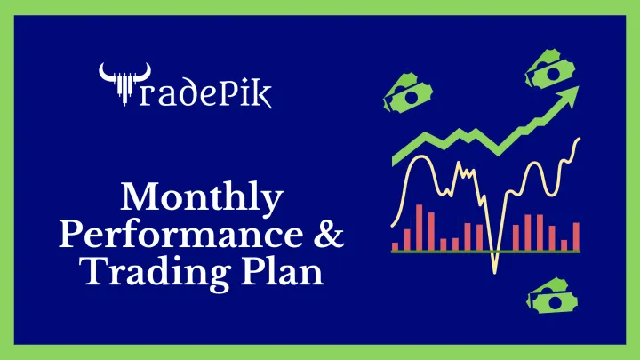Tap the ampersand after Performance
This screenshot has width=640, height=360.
pyautogui.click(x=326, y=235)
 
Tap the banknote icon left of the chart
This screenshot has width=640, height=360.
pyautogui.click(x=404, y=92)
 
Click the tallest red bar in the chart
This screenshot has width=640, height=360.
pyautogui.click(x=420, y=228)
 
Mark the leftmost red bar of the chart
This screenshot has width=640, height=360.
pyautogui.click(x=396, y=245)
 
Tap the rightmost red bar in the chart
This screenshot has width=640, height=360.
pyautogui.click(x=576, y=236)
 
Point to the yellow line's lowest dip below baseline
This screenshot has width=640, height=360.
pyautogui.click(x=494, y=267)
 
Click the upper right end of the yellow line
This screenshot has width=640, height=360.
pyautogui.click(x=580, y=140)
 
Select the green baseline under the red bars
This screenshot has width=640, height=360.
pyautogui.click(x=485, y=252)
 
